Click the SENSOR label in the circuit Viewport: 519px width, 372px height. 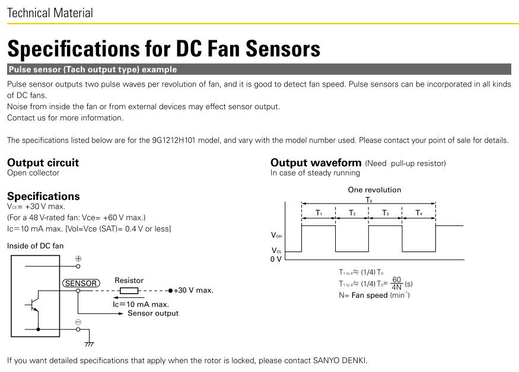pyautogui.click(x=81, y=284)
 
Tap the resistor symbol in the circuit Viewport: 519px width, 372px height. pyautogui.click(x=129, y=291)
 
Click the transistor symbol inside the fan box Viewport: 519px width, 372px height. pyautogui.click(x=34, y=304)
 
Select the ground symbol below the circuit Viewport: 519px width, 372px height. pyautogui.click(x=89, y=344)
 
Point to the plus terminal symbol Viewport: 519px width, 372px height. pyautogui.click(x=78, y=259)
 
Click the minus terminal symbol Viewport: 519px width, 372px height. pyautogui.click(x=78, y=322)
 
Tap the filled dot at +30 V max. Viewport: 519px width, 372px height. pyautogui.click(x=170, y=291)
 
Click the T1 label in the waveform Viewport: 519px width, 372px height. pyautogui.click(x=319, y=213)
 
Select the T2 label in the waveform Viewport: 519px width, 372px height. pyautogui.click(x=352, y=213)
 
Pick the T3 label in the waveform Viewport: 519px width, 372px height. pyautogui.click(x=386, y=213)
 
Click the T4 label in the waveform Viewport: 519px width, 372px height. pyautogui.click(x=419, y=213)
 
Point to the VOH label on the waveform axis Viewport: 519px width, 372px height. pyautogui.click(x=276, y=235)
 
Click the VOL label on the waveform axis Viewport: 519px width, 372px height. pyautogui.click(x=277, y=250)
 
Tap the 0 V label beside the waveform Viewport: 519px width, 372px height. pyautogui.click(x=276, y=259)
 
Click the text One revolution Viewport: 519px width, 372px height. pyautogui.click(x=374, y=190)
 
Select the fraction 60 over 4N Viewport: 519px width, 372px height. pyautogui.click(x=397, y=284)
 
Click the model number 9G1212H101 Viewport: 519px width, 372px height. pyautogui.click(x=174, y=141)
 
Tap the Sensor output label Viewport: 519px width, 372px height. pyautogui.click(x=153, y=313)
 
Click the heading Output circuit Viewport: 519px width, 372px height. pyautogui.click(x=43, y=163)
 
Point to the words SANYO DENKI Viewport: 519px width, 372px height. pyautogui.click(x=340, y=360)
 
